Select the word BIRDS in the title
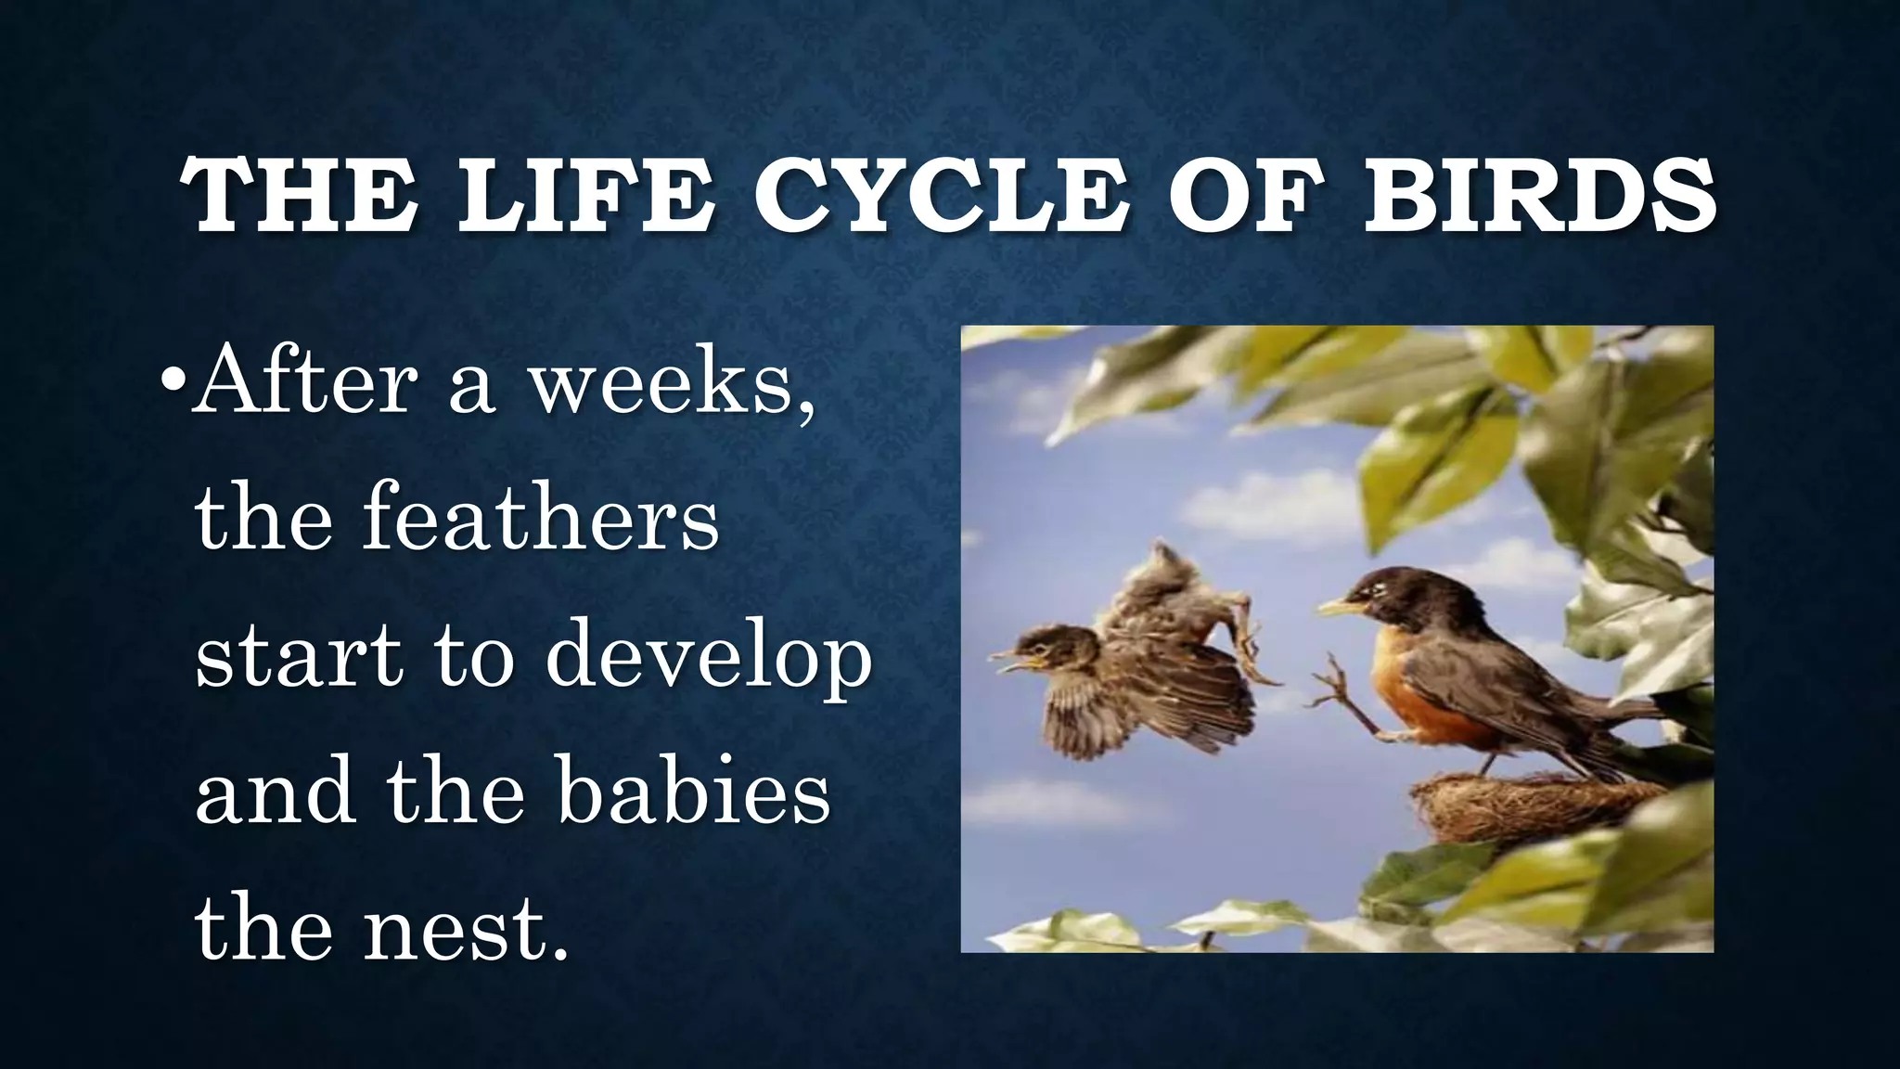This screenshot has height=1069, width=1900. [1538, 198]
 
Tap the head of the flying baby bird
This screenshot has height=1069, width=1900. [1050, 648]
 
